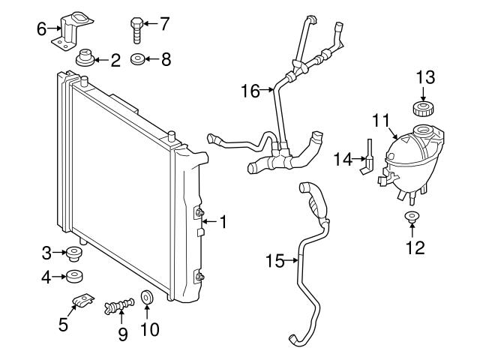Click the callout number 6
pos(42,29)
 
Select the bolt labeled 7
pos(136,30)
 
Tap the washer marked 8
pos(138,59)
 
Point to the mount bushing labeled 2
pos(85,57)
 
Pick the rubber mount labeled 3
pos(73,253)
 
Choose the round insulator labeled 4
pos(74,277)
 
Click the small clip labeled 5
pos(83,300)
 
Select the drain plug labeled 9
pos(119,306)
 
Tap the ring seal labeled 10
pos(147,297)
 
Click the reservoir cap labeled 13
pos(423,108)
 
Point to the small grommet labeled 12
pos(412,217)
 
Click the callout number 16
pos(250,91)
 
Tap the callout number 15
pos(275,261)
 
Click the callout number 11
pos(381,120)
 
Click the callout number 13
pos(425,77)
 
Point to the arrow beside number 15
pos(292,261)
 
